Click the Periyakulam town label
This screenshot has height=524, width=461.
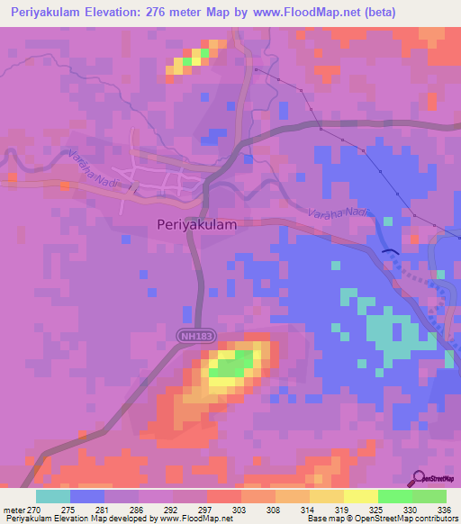click(x=196, y=225)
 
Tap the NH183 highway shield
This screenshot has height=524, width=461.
click(x=189, y=334)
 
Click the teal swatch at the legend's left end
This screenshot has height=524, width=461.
click(x=52, y=496)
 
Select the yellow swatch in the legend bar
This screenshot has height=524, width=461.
click(x=360, y=496)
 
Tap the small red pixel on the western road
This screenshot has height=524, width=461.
click(x=65, y=186)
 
